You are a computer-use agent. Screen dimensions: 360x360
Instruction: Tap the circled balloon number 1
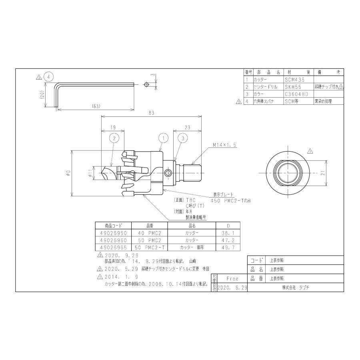(162, 138)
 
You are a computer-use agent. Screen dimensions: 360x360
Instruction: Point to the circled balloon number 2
(114, 138)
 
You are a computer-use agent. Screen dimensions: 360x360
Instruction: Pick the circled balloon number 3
(182, 138)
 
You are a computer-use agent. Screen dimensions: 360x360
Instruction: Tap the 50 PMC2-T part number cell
(149, 248)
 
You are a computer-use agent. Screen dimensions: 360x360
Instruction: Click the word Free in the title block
(232, 278)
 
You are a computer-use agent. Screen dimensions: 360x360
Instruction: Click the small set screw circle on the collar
(169, 173)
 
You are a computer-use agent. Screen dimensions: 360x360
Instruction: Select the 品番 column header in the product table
(149, 225)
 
